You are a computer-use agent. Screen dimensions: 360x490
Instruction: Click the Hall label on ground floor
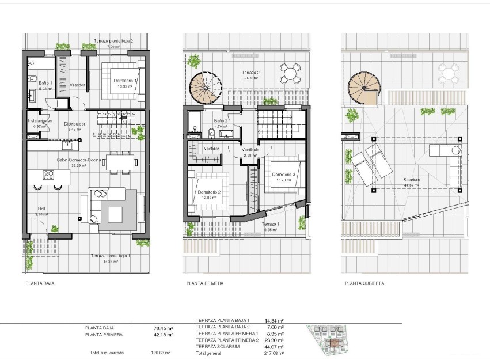(x=41, y=209)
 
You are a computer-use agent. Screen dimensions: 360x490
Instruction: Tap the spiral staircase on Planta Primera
(x=204, y=88)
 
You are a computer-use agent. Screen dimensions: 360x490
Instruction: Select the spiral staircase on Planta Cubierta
(x=363, y=88)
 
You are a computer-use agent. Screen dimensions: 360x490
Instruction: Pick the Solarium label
(x=412, y=179)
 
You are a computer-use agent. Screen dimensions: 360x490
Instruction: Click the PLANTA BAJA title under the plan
(x=40, y=283)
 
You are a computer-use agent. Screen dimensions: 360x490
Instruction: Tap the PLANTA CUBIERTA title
(x=364, y=283)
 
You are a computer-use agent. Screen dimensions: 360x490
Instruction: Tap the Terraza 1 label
(x=270, y=223)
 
